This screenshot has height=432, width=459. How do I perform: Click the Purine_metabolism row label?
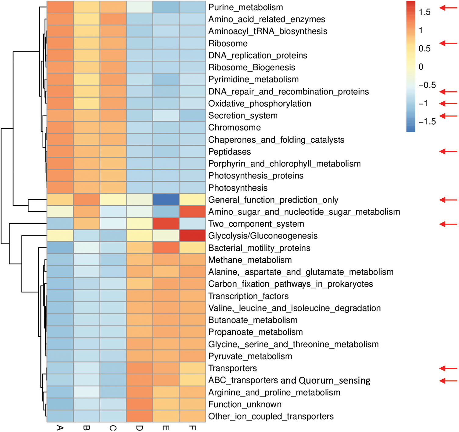point(246,7)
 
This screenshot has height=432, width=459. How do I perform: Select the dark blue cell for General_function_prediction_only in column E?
point(166,200)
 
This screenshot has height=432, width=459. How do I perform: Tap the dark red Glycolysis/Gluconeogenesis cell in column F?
point(192,235)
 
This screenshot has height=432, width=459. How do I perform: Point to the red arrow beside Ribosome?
point(448,43)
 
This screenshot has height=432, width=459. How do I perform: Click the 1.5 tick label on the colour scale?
point(425,12)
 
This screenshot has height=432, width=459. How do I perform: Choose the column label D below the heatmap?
point(139,428)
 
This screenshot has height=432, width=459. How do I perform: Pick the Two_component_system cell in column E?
point(166,224)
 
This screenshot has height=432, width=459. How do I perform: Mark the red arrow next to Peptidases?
point(448,151)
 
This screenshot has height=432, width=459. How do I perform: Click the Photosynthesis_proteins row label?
point(256,176)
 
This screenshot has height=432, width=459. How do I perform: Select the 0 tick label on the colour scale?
point(421,67)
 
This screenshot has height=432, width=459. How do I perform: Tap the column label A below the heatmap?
point(60,428)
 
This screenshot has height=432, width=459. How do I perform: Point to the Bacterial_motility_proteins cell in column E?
point(166,248)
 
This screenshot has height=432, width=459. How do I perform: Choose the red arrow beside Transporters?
point(448,368)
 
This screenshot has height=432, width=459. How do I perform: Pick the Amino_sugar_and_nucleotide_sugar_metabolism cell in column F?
point(192,211)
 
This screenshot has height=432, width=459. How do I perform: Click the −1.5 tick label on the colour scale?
point(427,122)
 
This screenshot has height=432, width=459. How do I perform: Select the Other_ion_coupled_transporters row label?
point(271,416)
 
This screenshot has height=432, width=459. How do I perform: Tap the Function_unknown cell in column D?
point(139,404)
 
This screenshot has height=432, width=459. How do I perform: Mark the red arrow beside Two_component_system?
point(448,224)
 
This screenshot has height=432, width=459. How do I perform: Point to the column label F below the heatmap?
point(192,428)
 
